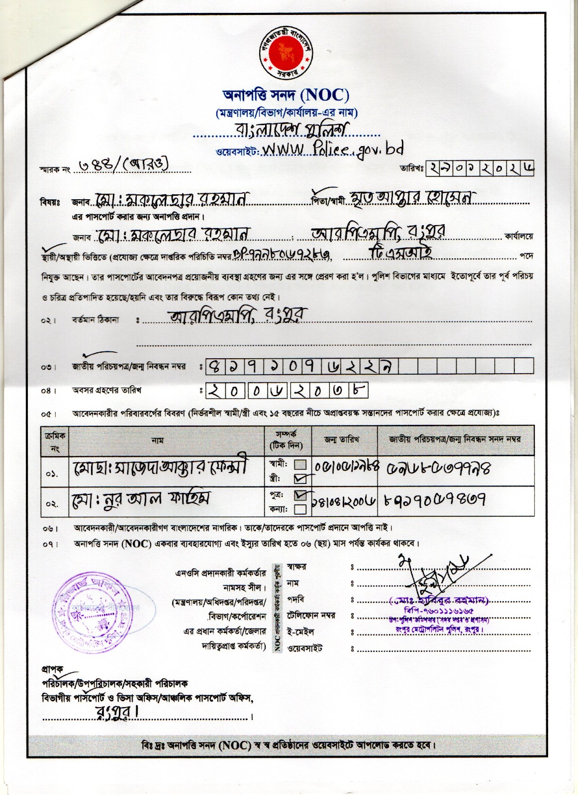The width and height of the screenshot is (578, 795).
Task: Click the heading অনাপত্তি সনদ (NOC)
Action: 286,94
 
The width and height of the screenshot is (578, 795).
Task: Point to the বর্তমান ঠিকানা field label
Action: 96,320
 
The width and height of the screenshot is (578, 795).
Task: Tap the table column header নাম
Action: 157,440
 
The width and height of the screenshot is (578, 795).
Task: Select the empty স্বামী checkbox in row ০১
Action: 300,465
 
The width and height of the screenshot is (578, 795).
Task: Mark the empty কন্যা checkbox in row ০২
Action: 299,509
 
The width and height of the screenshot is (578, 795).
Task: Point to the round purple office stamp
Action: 97,607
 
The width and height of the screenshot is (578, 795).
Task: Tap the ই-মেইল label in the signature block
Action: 300,632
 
